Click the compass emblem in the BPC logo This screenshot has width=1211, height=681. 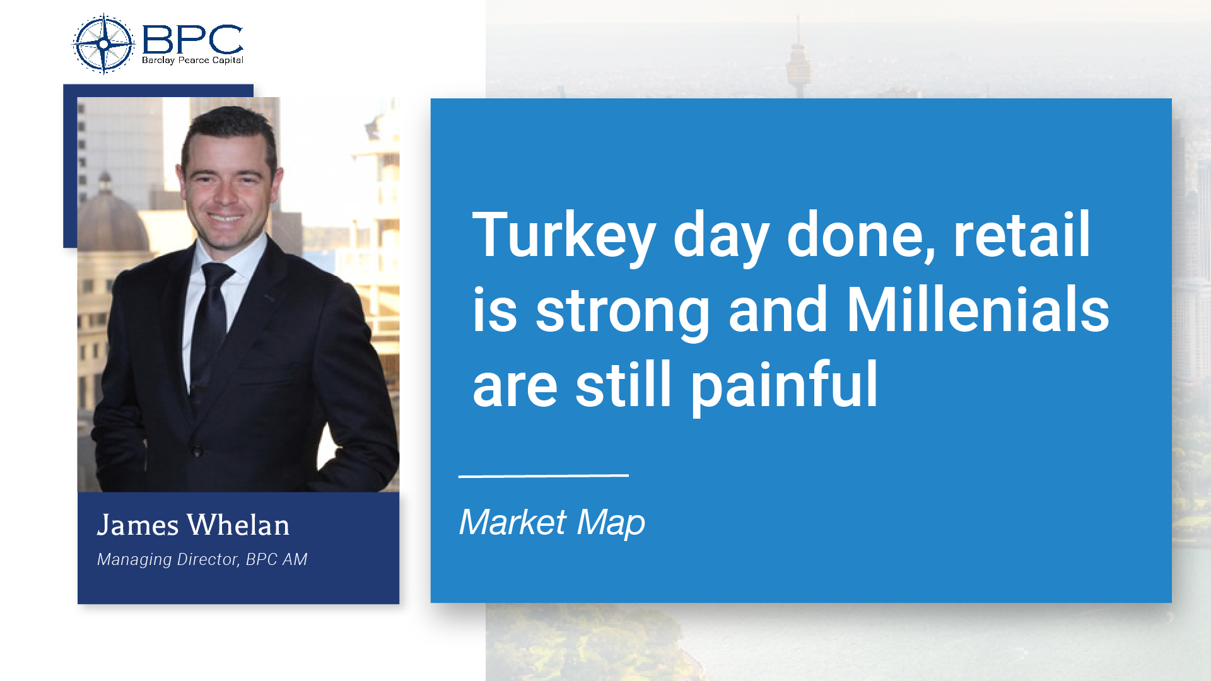click(x=103, y=44)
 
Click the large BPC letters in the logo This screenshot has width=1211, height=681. click(x=192, y=40)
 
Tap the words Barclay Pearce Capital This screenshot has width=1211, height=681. click(x=192, y=61)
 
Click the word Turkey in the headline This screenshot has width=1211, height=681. click(x=564, y=236)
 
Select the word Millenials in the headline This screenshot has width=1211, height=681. click(x=977, y=310)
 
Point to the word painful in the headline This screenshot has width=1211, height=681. click(x=784, y=385)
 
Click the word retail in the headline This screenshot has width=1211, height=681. click(x=1021, y=235)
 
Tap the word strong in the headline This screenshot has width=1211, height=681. click(x=623, y=310)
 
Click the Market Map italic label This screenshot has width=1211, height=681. click(x=552, y=522)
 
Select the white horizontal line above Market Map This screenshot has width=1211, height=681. click(x=543, y=475)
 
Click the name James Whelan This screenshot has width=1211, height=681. click(x=193, y=525)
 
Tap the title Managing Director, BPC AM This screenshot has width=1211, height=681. click(x=202, y=559)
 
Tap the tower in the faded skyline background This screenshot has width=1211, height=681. click(x=797, y=57)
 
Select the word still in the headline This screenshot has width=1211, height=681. click(x=623, y=385)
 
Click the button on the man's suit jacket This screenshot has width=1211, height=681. click(x=197, y=451)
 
